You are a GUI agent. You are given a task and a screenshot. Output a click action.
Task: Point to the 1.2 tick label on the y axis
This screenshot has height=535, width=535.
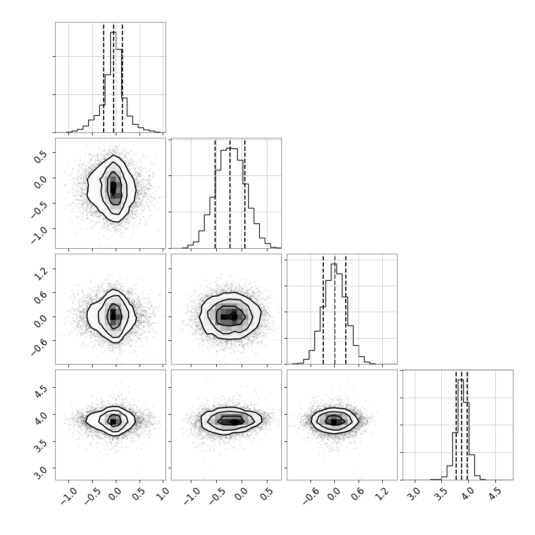point(41,274)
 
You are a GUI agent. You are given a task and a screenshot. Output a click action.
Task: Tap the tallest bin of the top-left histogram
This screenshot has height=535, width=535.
point(113,82)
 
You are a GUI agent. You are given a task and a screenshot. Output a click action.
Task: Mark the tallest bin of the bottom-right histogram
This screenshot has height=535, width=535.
point(461,430)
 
